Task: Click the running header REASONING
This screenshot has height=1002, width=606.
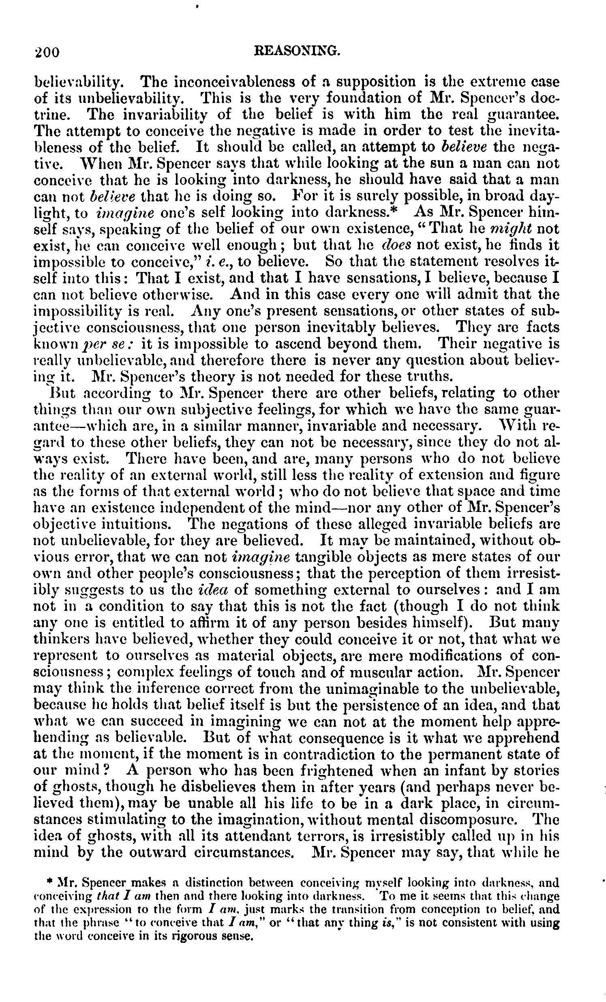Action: [296, 50]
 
